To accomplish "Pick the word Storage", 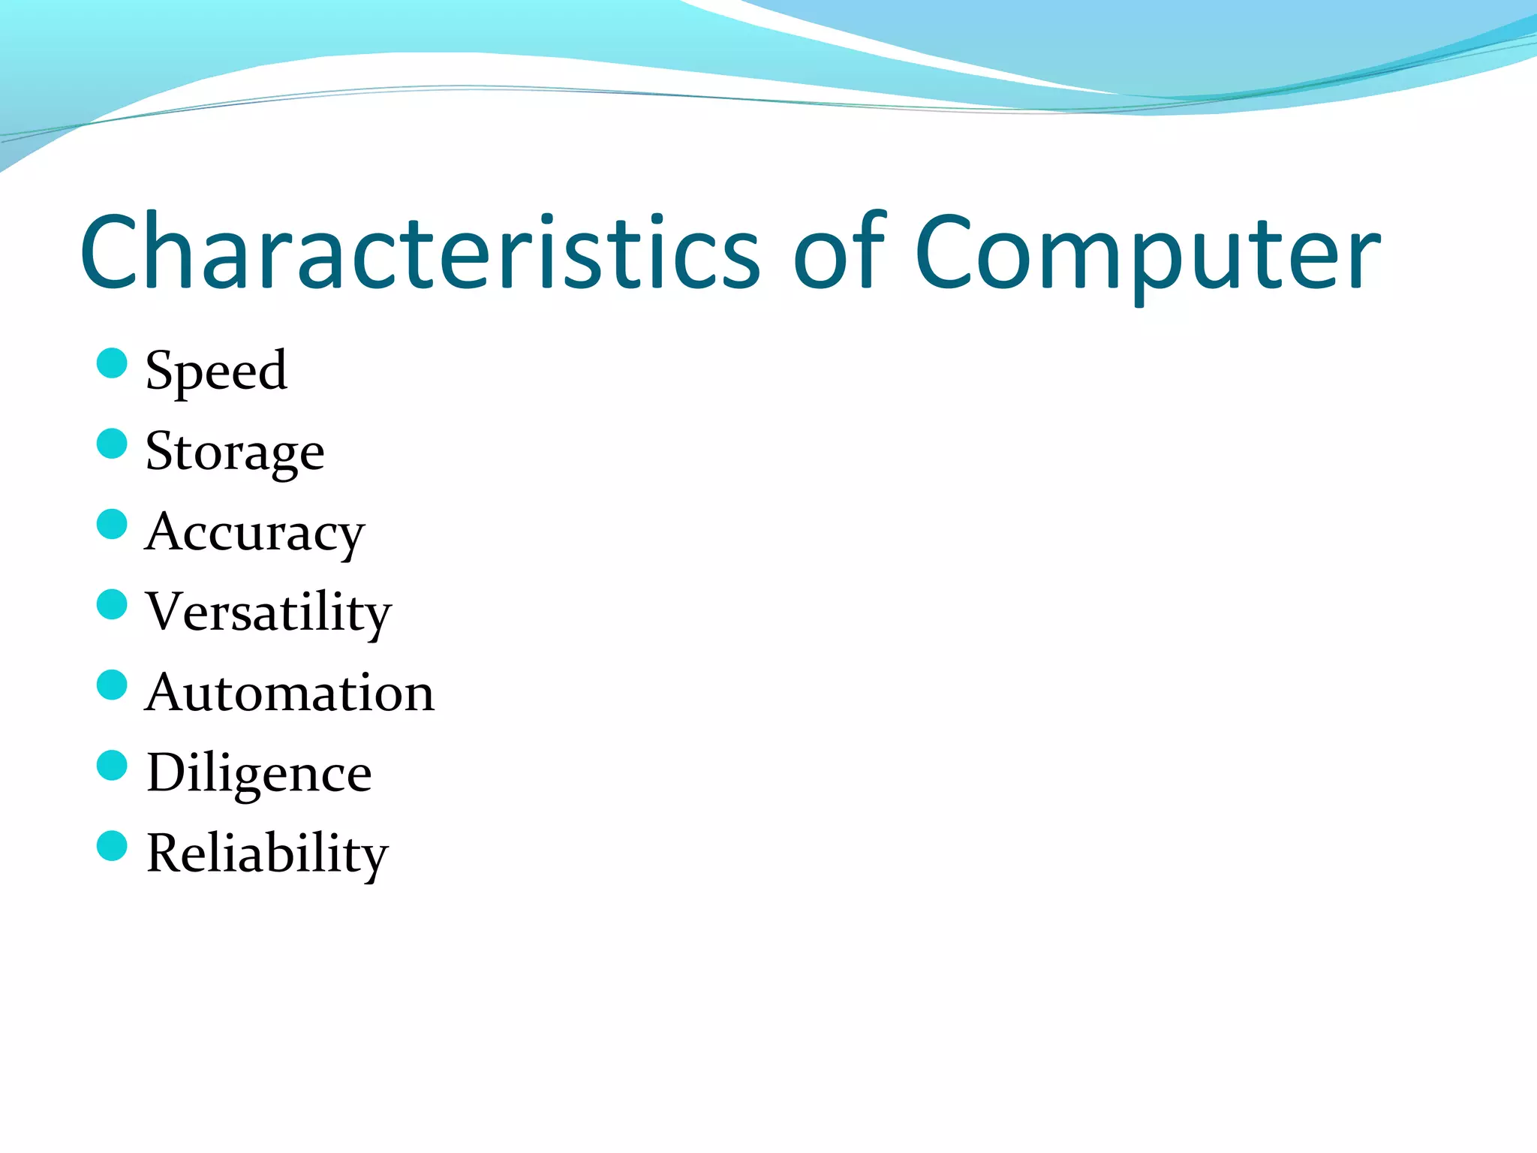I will point(235,451).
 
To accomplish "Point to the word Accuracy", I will point(254,532).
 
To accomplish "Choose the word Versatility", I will point(268,612).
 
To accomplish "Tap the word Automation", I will point(290,692).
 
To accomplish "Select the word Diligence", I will point(259,773).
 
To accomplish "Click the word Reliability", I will point(267,853).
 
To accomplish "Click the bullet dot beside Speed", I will point(112,363).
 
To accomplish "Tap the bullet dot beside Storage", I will point(112,444).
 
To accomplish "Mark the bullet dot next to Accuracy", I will point(112,524).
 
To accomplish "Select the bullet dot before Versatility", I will point(112,604).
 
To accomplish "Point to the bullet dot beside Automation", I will point(112,685).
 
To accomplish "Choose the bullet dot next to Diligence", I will point(112,765).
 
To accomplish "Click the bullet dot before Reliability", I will point(112,845).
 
